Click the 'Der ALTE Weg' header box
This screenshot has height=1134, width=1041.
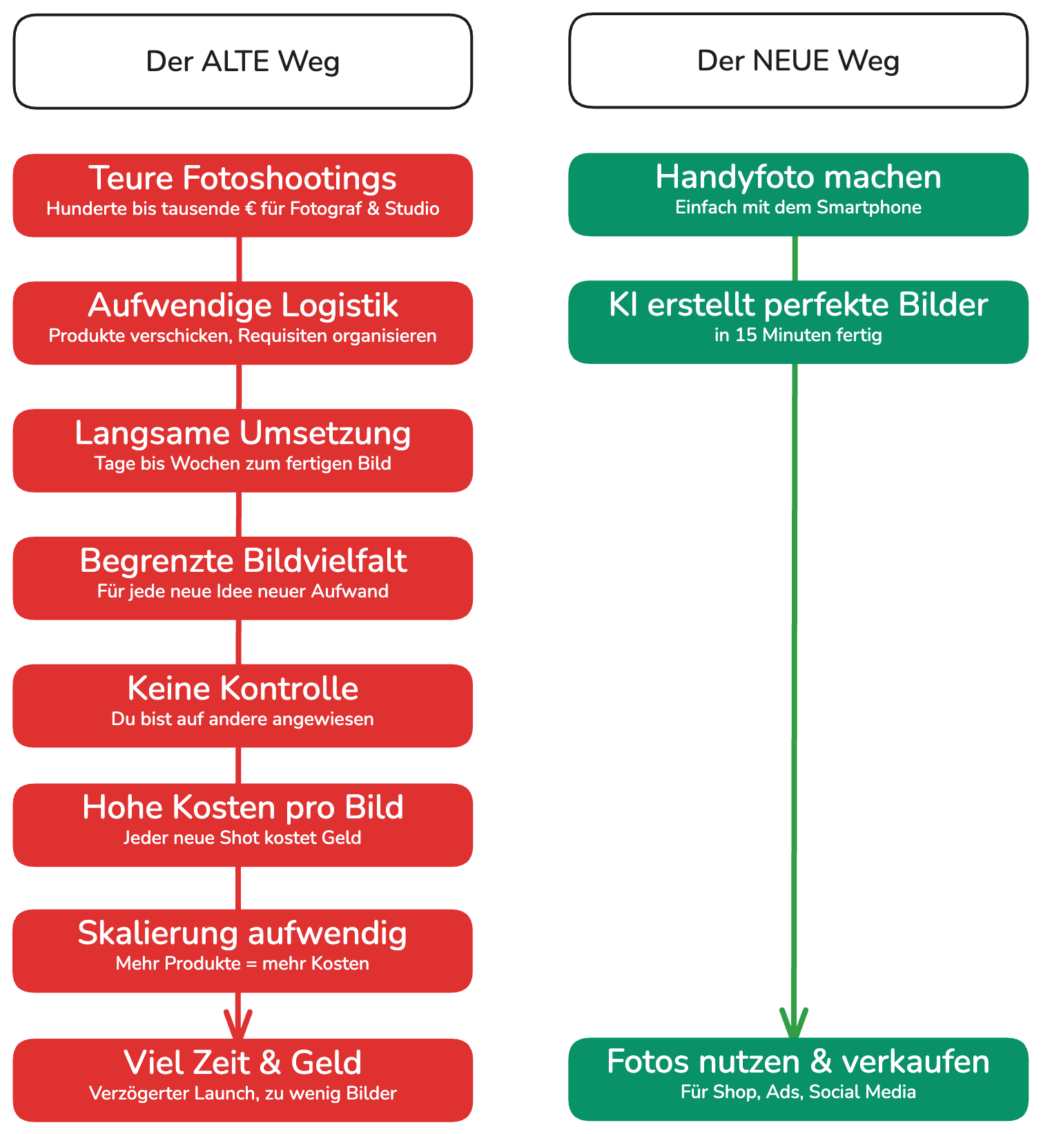pos(243,61)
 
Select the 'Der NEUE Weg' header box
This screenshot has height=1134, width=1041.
pos(799,61)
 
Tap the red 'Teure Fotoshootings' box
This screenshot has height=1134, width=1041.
pos(243,195)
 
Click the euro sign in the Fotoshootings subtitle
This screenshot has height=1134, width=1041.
pos(251,209)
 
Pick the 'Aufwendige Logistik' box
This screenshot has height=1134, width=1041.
pos(243,323)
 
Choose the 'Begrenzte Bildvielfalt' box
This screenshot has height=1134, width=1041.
pos(243,578)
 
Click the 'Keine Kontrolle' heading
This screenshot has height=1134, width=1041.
pos(243,689)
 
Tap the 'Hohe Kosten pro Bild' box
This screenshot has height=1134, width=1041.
pos(243,825)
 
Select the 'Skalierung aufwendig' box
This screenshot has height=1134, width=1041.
pos(243,951)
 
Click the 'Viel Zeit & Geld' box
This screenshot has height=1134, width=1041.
pos(243,1080)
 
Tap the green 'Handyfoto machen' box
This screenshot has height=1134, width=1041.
pos(799,195)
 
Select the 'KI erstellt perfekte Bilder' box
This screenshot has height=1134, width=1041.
pos(799,322)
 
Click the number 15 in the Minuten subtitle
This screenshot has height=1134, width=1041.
pos(746,335)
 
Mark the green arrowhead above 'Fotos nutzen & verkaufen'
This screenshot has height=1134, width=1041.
pos(794,1024)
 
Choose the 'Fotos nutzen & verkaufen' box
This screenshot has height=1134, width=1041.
pos(799,1079)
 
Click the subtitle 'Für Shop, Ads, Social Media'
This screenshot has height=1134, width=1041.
pos(799,1092)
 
